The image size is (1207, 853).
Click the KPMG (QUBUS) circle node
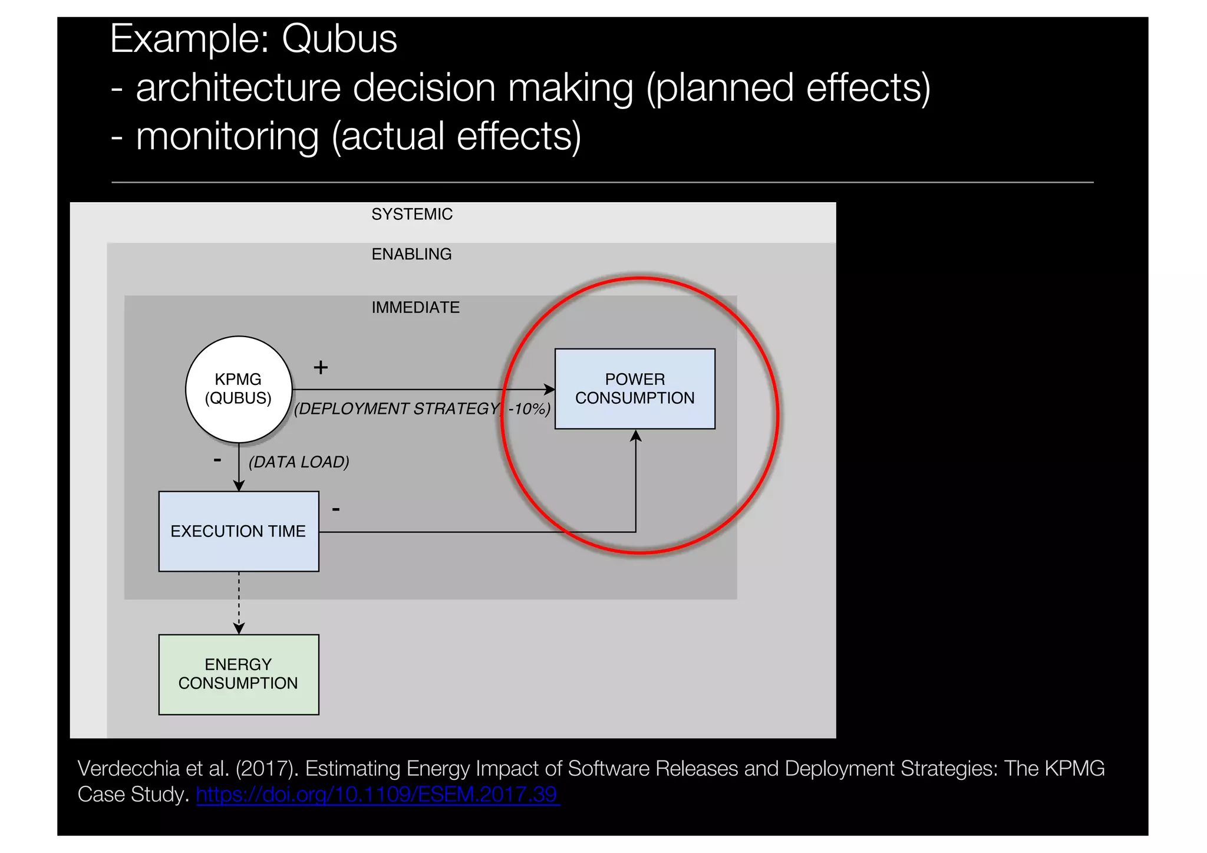238,389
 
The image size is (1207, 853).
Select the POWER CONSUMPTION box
635,388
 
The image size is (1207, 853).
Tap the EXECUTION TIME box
238,531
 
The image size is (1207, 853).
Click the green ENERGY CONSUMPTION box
238,674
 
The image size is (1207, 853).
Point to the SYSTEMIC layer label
411,214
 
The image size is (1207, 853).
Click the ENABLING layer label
411,254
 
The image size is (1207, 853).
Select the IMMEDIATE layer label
415,307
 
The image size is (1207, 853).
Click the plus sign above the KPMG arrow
321,367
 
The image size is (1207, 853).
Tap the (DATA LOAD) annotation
299,462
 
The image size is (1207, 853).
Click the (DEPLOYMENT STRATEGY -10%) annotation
422,409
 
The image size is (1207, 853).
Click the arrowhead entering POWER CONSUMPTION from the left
549,389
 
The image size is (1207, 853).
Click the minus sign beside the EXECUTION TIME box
336,509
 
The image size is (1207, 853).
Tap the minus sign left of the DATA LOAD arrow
217,459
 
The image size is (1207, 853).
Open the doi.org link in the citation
377,794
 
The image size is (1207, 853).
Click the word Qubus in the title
339,39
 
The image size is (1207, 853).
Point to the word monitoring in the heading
227,136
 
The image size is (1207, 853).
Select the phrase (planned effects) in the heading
788,88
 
